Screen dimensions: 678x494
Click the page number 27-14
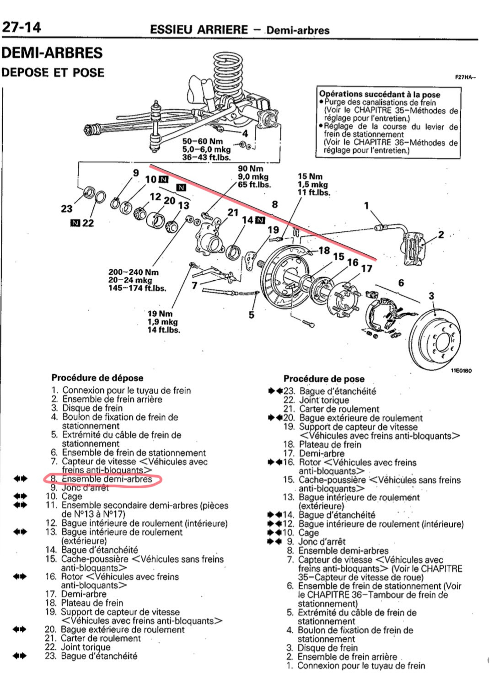21,27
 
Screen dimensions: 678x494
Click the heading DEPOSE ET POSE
53,72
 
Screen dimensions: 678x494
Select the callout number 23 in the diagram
67,209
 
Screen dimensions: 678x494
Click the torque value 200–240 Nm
133,272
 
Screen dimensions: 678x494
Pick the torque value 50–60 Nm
203,141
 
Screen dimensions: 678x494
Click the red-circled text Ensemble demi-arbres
107,479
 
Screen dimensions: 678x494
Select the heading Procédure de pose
324,379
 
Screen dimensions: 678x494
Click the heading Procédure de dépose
97,378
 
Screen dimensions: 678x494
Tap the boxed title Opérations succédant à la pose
380,95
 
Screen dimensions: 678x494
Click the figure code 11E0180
461,370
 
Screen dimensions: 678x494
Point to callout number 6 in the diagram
401,283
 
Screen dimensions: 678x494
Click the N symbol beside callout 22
75,223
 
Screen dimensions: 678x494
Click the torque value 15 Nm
310,176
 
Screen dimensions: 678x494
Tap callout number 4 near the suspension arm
245,133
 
